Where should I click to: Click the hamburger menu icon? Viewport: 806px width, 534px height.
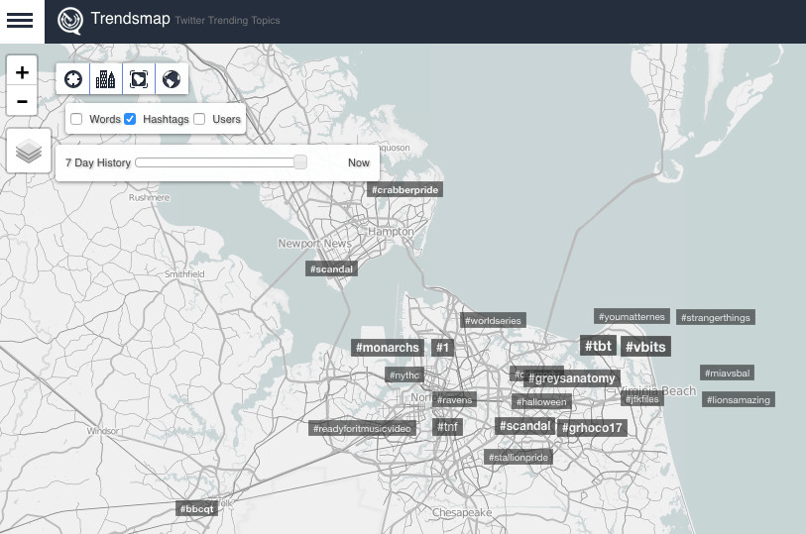(21, 21)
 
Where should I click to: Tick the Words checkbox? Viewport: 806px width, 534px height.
(76, 119)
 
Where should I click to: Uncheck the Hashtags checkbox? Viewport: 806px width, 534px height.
(130, 119)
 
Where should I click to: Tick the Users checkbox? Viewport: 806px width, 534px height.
(199, 119)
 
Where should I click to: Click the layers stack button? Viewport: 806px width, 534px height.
(29, 151)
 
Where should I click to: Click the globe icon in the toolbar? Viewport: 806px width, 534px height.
(171, 78)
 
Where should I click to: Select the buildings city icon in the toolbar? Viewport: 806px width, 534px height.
(105, 78)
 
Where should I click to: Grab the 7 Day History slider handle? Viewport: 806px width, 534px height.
(300, 162)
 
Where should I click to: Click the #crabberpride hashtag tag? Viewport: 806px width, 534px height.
(404, 189)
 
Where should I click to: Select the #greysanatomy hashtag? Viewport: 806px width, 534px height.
(572, 378)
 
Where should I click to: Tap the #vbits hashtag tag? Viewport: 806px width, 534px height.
(645, 347)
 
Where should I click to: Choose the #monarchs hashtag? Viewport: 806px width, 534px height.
(389, 348)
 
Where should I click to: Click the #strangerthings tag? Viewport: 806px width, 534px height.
(716, 318)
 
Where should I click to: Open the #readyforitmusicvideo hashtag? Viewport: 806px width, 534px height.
(361, 429)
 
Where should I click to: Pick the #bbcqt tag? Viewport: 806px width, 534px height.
(196, 508)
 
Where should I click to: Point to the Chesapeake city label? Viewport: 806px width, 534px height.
(461, 512)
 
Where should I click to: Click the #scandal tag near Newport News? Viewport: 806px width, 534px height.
(331, 268)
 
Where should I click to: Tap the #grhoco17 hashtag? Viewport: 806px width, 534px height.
(592, 428)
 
